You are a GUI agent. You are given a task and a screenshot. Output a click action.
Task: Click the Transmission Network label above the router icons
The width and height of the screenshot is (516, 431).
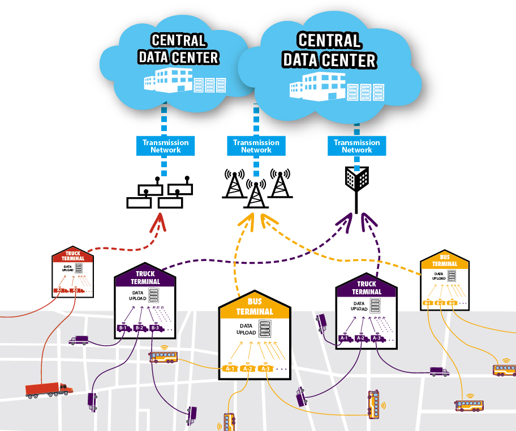[165, 146]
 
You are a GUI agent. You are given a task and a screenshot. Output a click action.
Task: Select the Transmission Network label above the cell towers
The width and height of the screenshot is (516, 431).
[256, 146]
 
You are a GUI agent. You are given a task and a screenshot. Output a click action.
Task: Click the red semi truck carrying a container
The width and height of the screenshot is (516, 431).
[49, 389]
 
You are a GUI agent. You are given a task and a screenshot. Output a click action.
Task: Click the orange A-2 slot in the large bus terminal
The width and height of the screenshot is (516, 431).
[247, 369]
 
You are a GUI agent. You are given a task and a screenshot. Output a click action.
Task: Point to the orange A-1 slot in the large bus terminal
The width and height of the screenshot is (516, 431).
[230, 369]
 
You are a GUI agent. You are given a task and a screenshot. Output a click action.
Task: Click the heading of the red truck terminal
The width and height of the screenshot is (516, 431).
[73, 256]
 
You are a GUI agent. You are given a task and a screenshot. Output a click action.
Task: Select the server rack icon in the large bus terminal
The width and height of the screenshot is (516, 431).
[265, 329]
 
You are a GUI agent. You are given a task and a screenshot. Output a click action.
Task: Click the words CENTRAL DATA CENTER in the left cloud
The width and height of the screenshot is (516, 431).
[178, 49]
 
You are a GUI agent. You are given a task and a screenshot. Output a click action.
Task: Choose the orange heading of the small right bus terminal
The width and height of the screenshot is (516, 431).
[445, 260]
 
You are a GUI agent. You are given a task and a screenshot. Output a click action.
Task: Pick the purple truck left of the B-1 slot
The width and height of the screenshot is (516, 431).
[79, 340]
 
